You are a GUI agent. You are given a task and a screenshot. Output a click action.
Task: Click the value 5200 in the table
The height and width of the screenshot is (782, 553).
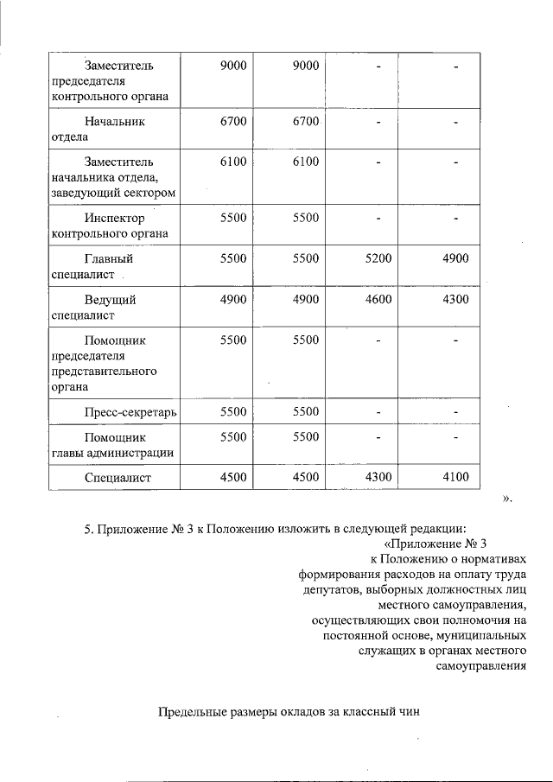(x=378, y=258)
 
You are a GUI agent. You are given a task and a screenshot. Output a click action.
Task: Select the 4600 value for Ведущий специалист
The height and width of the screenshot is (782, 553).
(x=378, y=300)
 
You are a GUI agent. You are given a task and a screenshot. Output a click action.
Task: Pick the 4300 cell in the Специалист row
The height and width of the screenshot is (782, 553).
(x=378, y=477)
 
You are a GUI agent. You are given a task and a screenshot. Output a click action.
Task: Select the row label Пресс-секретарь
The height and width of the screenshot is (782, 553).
(x=130, y=412)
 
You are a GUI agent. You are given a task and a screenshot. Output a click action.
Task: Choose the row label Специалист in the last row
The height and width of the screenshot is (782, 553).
(x=118, y=477)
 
